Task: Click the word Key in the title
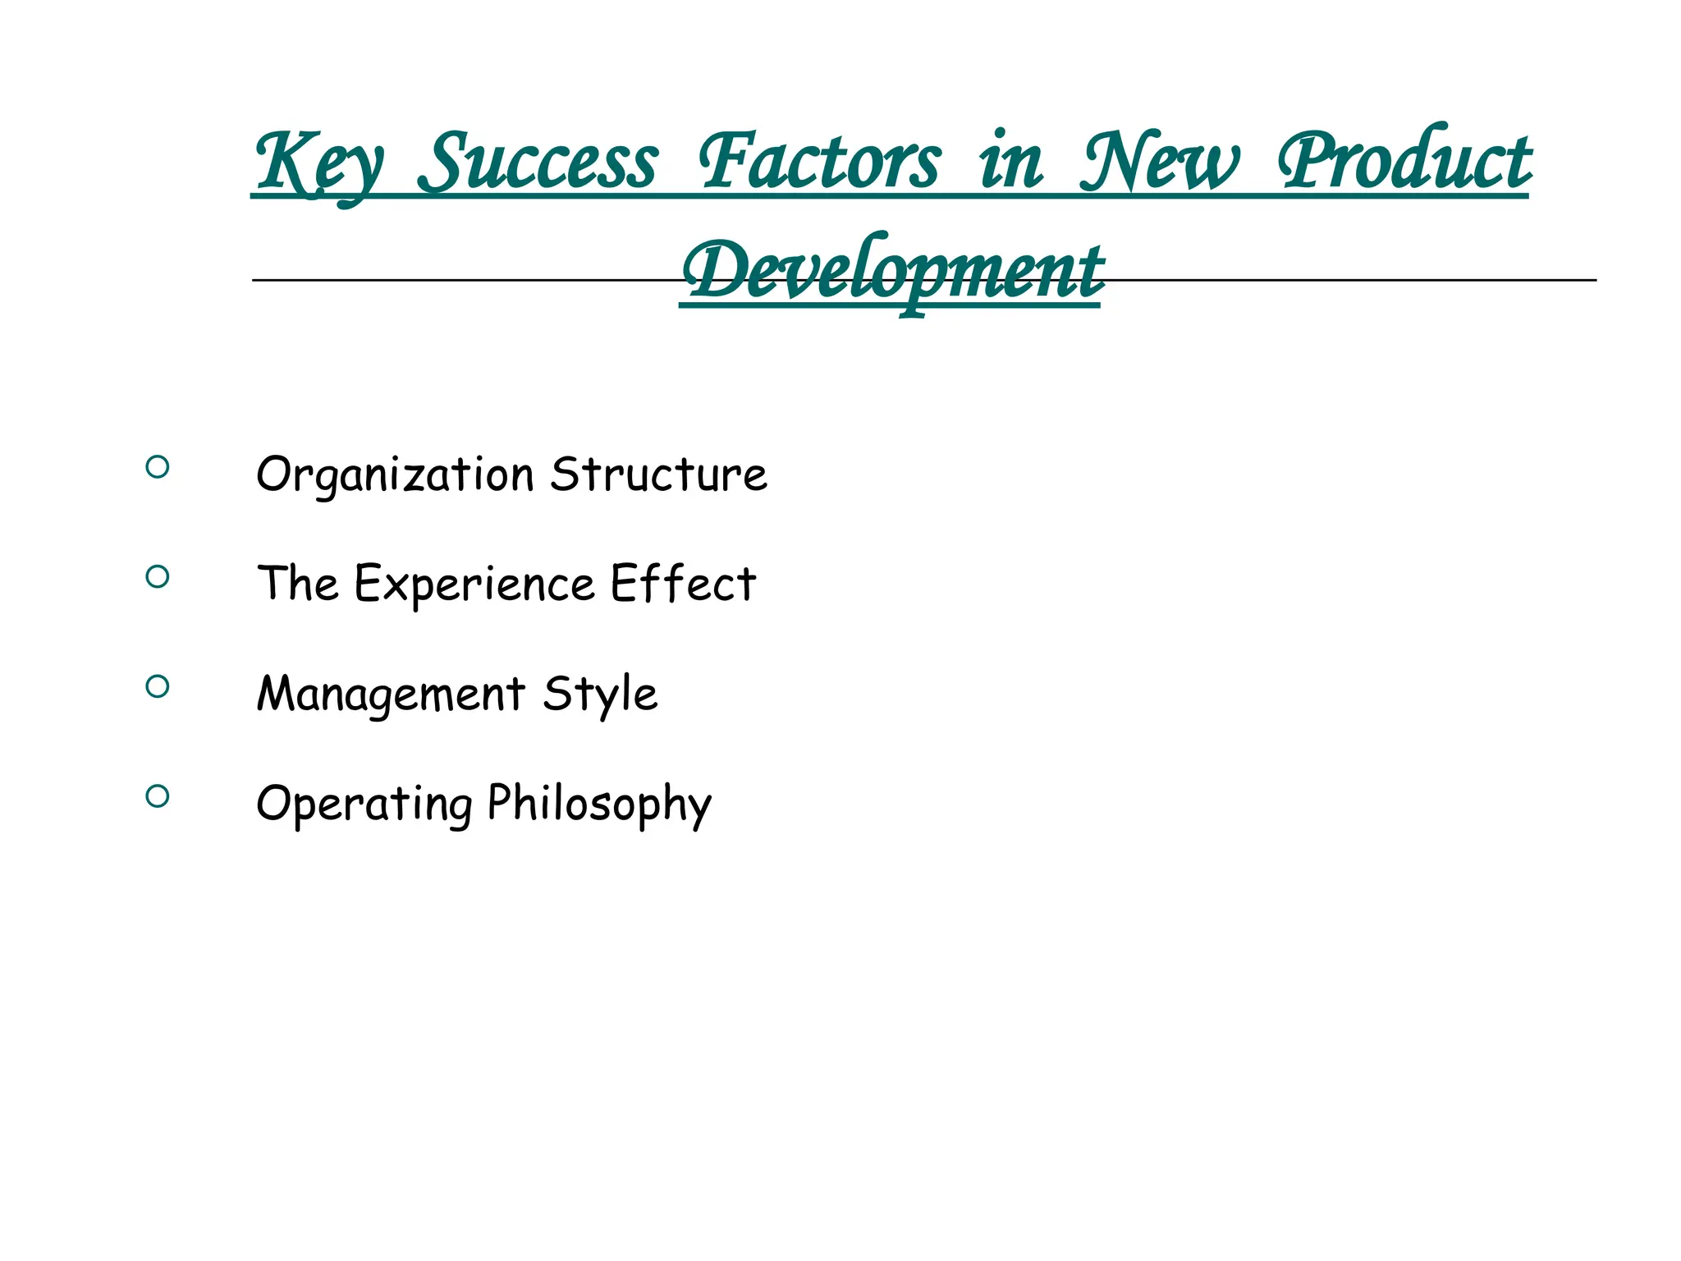318,164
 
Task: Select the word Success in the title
538,162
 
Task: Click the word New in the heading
1158,162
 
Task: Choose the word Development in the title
892,271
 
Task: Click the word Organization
395,475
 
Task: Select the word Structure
658,474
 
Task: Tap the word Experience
474,585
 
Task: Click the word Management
391,695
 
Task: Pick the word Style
600,695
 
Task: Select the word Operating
364,804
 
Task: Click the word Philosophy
599,804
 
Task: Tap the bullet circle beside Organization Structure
158,467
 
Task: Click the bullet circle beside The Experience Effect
158,576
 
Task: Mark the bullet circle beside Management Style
158,686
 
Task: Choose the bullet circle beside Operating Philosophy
158,796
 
